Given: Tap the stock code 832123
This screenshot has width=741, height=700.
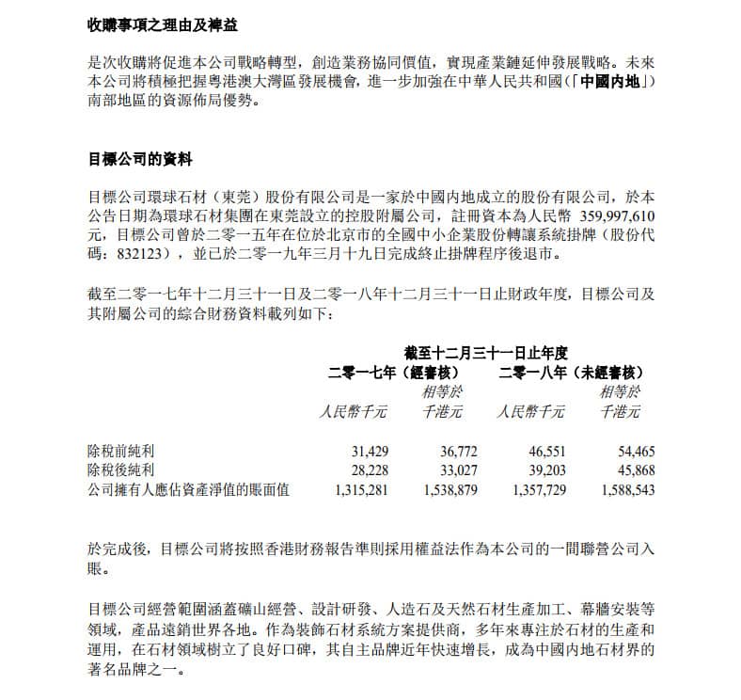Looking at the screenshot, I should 134,253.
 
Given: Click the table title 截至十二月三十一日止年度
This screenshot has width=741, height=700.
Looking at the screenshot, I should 486,353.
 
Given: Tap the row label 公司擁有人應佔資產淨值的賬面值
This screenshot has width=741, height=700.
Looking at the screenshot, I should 188,489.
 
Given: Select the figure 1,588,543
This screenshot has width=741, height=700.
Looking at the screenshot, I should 622,489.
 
